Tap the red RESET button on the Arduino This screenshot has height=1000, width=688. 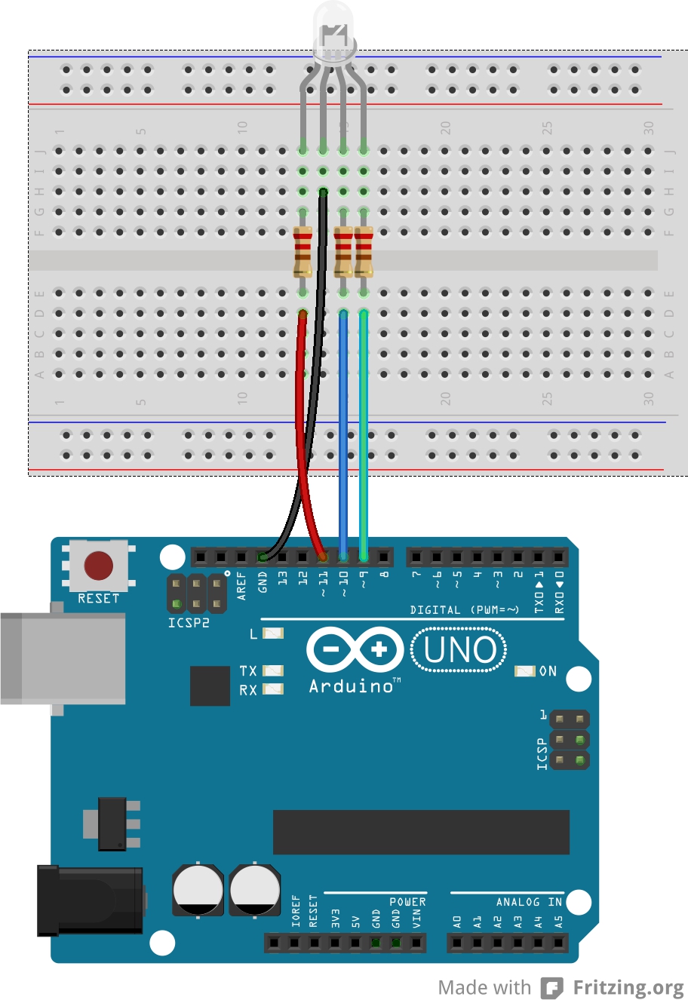98,566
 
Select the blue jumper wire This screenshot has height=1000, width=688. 343,437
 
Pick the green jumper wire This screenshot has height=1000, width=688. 364,437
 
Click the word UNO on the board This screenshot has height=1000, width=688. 459,651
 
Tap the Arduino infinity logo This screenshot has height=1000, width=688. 355,649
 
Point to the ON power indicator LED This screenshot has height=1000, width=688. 524,670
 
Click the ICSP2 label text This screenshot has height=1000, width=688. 189,623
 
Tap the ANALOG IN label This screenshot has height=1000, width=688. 529,902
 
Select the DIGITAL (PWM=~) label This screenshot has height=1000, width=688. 465,609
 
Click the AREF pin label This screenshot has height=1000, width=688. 242,585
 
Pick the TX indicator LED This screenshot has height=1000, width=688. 273,670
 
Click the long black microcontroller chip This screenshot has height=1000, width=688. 421,832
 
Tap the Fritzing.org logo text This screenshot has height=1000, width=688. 627,987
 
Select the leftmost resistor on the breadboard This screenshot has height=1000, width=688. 303,251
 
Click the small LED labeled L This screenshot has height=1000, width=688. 273,633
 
